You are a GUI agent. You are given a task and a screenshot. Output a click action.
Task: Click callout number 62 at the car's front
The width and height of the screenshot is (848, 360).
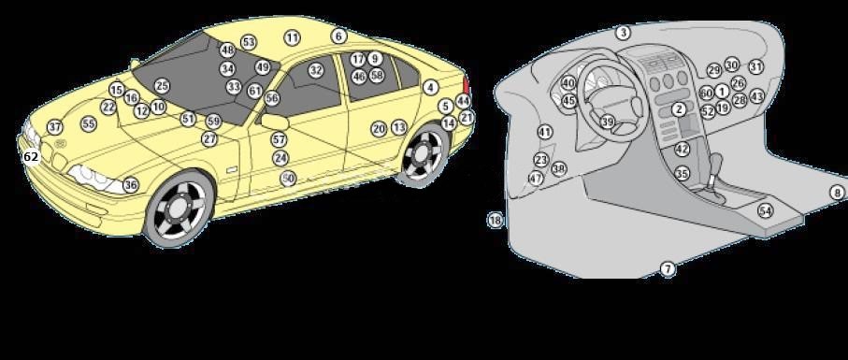31,157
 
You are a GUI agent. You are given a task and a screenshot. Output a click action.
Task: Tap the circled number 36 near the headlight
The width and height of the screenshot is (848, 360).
131,185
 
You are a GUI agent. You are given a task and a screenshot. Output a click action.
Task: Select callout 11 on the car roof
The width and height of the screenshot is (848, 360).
293,37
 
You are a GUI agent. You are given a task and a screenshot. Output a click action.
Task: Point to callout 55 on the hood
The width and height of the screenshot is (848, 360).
89,123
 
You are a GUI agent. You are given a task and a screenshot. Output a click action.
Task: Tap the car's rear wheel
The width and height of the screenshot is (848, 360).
424,153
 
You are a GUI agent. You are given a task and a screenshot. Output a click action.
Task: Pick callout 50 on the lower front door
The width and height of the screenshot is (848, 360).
288,178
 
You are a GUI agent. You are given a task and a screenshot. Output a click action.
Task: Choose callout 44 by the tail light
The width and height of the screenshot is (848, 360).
463,101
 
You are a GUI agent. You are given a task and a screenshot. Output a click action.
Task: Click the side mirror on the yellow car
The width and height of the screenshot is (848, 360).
277,121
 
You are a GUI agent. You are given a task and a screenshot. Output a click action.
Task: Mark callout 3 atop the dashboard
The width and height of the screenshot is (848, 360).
623,33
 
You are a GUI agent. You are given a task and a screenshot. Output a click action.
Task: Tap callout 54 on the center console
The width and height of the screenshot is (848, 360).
765,210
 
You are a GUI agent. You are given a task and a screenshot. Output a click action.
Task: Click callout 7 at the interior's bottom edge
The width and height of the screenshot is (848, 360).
668,269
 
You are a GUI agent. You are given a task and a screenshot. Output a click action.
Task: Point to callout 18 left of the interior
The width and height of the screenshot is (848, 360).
496,221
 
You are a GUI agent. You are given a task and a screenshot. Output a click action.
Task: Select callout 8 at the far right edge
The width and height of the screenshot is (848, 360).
837,193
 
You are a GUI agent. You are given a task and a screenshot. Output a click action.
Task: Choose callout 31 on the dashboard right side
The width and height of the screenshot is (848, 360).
756,67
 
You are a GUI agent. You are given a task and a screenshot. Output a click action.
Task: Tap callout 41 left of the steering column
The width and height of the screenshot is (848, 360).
545,133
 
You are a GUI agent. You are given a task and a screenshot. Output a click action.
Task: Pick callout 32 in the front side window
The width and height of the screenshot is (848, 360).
316,70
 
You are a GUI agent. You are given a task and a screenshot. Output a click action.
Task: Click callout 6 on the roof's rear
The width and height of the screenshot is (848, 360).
338,36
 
